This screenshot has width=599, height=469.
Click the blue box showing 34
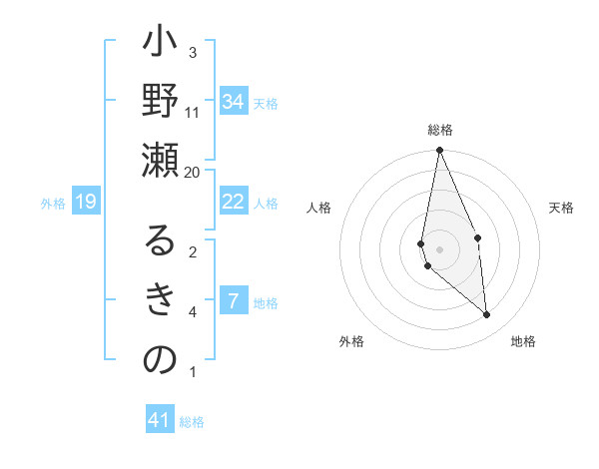234,102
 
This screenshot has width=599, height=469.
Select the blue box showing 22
233,202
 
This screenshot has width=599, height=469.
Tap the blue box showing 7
233,301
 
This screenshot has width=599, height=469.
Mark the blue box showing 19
86,203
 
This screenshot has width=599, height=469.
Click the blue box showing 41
160,420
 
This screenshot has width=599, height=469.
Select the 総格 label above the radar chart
440,130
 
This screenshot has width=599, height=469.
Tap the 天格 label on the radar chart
562,208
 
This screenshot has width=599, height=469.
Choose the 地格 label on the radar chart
523,341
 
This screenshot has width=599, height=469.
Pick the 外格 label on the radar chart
351,341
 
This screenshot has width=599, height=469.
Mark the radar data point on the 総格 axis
439,151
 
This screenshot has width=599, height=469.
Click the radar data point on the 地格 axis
486,315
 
